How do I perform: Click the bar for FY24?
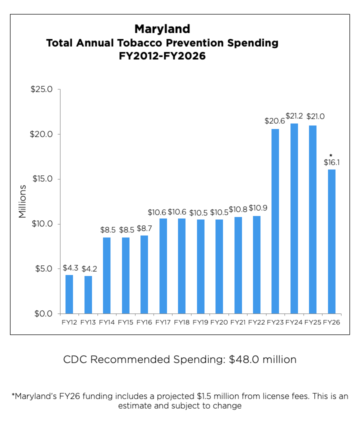pos(294,218)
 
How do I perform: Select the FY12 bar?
pos(69,294)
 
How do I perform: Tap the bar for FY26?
pos(331,241)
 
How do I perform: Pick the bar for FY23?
pos(275,221)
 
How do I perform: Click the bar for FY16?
pos(144,274)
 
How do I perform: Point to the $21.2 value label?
pos(294,116)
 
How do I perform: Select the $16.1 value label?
pos(331,162)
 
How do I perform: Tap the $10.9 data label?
pos(257,208)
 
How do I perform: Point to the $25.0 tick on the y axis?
pos(42,89)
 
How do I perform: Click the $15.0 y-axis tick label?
pos(42,179)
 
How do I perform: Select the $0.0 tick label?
pos(44,313)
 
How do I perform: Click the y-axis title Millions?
pos(22,201)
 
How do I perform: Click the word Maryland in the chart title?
pos(162,28)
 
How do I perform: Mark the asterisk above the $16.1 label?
pos(331,155)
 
